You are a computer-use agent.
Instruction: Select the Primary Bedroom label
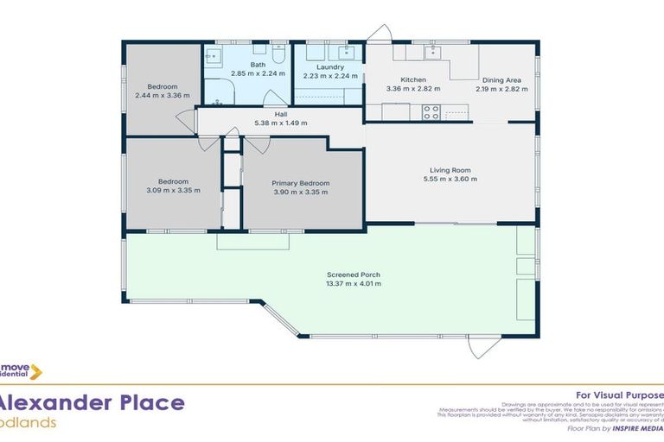(x=300, y=183)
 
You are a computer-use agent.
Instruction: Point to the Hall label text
(x=280, y=114)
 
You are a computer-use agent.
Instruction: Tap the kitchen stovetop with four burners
(x=431, y=111)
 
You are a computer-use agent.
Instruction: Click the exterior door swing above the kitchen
(x=378, y=33)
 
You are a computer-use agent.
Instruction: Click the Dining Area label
(x=501, y=79)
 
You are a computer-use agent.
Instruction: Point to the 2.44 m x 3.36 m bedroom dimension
(x=162, y=95)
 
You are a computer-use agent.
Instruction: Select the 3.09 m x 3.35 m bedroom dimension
(x=173, y=190)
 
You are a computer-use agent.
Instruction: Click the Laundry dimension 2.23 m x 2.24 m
(x=329, y=75)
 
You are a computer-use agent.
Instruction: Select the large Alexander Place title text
(x=92, y=402)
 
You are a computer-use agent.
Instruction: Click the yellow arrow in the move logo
(x=35, y=372)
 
